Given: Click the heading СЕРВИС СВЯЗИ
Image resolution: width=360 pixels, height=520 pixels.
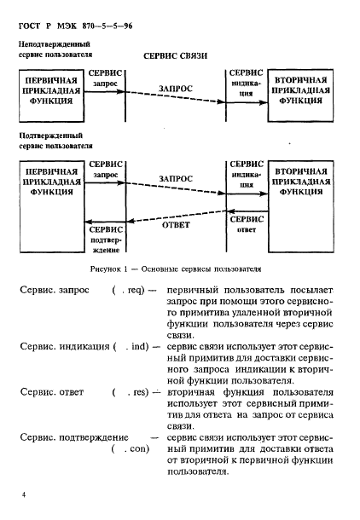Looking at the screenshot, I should click(x=175, y=55).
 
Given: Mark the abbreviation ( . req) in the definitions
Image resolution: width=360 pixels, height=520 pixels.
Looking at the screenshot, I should click(x=129, y=291).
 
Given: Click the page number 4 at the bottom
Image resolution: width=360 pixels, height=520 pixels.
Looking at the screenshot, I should click(x=24, y=494).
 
